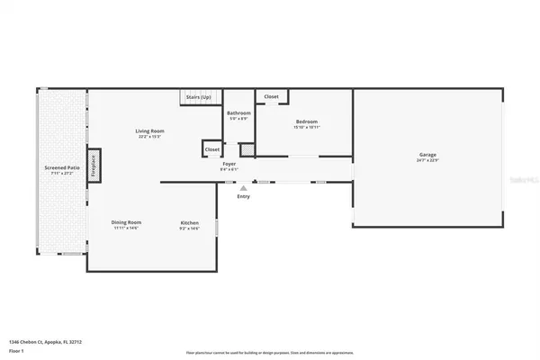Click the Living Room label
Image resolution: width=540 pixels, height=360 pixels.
[148, 131]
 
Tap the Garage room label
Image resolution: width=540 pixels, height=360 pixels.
[427, 155]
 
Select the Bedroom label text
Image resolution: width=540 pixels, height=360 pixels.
[306, 121]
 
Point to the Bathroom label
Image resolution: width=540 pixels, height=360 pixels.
[238, 112]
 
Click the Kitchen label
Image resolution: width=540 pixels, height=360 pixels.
[189, 222]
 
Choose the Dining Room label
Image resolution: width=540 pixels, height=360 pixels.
[127, 222]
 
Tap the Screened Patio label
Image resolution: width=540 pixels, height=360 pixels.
[62, 167]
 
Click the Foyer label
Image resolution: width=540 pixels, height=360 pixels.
[229, 164]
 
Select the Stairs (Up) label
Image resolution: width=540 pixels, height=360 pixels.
[198, 96]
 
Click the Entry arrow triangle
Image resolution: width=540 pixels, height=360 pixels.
[242, 187]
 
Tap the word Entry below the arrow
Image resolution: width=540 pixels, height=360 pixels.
[242, 197]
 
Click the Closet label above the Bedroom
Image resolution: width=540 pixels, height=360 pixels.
[271, 95]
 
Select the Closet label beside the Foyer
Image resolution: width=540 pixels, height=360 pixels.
[212, 149]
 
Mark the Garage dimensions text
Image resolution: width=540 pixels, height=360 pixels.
[427, 160]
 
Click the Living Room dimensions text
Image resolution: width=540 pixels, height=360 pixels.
[148, 137]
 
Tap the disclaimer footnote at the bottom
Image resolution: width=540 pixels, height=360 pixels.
[269, 352]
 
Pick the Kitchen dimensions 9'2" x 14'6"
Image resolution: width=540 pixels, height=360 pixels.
[189, 228]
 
